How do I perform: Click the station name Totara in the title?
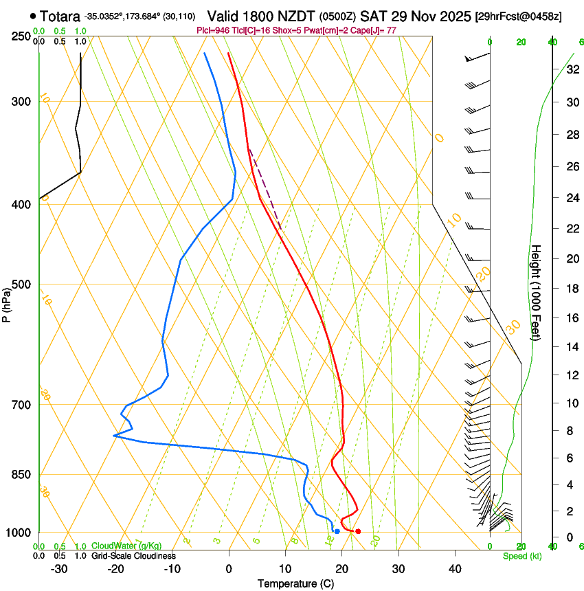pyautogui.click(x=60, y=16)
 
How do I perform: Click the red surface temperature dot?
pyautogui.click(x=358, y=531)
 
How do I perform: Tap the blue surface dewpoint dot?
pyautogui.click(x=337, y=531)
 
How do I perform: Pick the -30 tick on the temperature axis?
pyautogui.click(x=59, y=569)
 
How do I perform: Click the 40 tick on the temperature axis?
pyautogui.click(x=454, y=569)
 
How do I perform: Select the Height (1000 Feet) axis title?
pyautogui.click(x=537, y=293)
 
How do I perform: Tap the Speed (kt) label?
pyautogui.click(x=521, y=556)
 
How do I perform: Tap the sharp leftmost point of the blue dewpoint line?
pyautogui.click(x=114, y=436)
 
